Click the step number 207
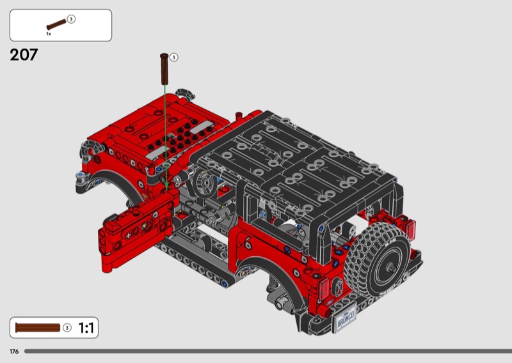[24, 55]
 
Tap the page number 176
[14, 351]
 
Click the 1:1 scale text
[86, 328]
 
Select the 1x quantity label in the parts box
[49, 34]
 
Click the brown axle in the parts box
[56, 24]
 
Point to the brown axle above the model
[164, 69]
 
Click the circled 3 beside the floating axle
[173, 58]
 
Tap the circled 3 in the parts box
[71, 19]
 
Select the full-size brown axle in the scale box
[38, 328]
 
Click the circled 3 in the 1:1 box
[67, 327]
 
